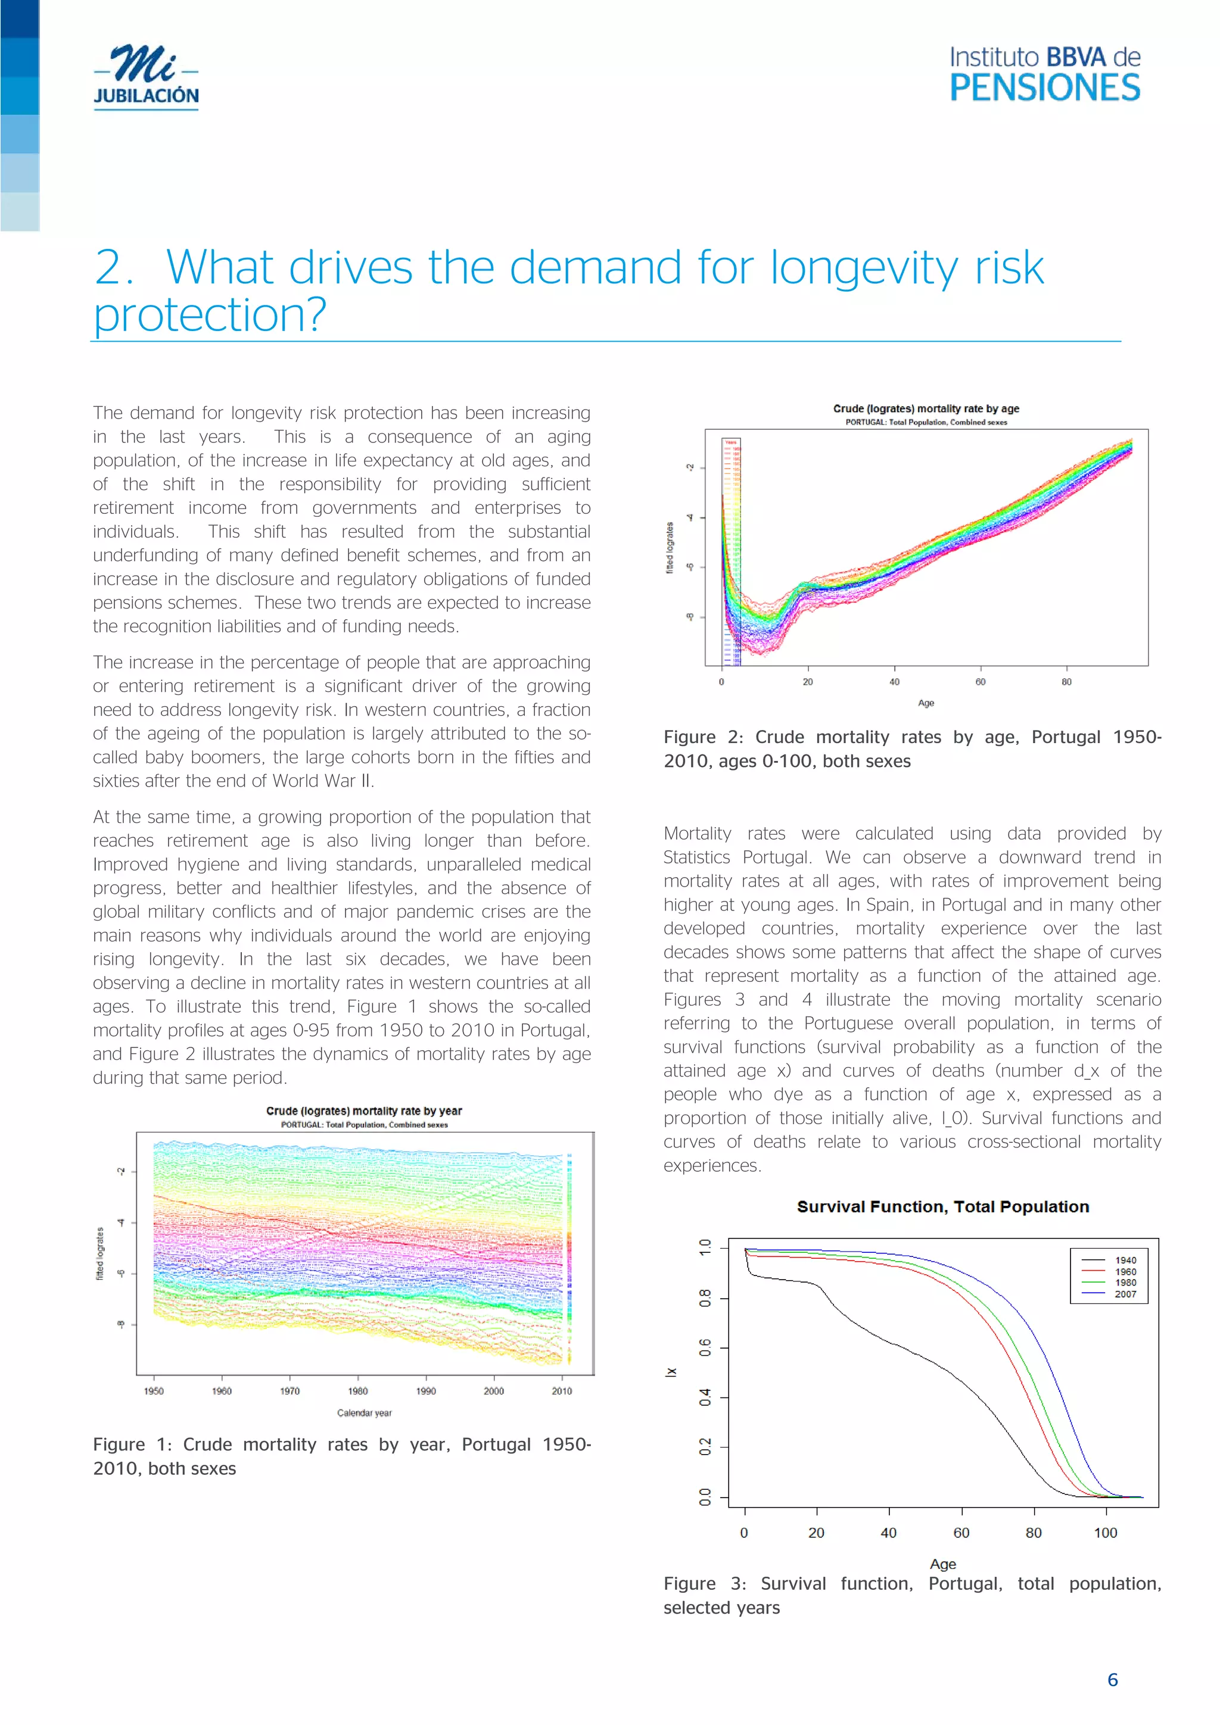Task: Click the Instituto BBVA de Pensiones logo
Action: (1044, 74)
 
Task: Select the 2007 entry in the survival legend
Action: (1125, 1294)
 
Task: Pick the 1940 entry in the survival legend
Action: (1125, 1260)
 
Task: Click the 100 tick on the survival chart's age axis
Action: (1105, 1533)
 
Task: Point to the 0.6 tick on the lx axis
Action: (705, 1348)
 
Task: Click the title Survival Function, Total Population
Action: (942, 1206)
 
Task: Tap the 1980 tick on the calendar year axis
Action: (358, 1391)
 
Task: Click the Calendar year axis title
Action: (364, 1412)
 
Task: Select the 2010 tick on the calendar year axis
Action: (562, 1391)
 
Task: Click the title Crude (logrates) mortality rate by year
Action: (364, 1111)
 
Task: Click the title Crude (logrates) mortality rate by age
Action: (925, 408)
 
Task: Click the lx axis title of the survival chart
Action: (671, 1372)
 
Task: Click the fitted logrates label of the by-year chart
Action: (100, 1253)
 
